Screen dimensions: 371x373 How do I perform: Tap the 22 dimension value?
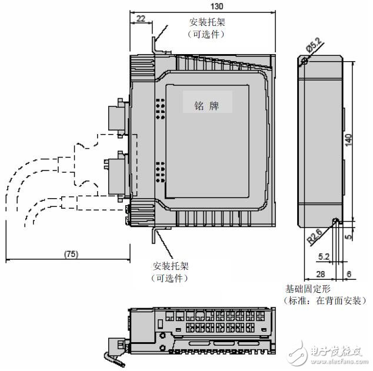point(140,19)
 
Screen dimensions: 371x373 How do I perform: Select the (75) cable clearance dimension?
point(71,254)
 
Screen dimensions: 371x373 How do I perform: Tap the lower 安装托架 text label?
point(171,266)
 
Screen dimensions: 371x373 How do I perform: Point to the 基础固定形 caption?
point(309,289)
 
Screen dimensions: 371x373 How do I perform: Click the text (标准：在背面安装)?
point(325,300)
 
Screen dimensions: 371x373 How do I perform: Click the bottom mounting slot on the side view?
point(335,222)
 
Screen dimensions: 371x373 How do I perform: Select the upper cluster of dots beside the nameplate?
point(159,107)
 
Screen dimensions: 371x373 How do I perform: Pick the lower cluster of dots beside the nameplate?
point(159,169)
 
